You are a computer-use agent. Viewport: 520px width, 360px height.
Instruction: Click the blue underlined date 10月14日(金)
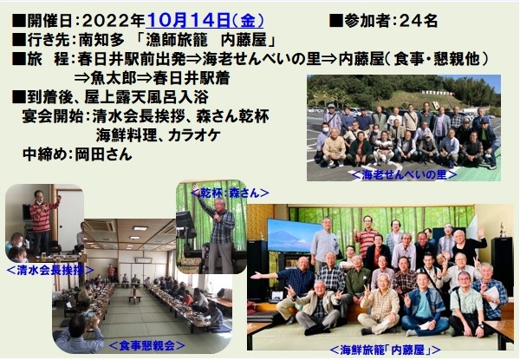pos(205,21)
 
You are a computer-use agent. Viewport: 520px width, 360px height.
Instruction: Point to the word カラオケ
pos(194,135)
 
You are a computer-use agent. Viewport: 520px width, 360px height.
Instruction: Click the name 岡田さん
pos(103,154)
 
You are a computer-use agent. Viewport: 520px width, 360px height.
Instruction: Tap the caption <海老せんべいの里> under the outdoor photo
pos(404,174)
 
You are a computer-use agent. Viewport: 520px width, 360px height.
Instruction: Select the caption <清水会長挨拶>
pos(49,271)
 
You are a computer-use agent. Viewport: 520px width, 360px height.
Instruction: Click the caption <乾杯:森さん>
pos(230,193)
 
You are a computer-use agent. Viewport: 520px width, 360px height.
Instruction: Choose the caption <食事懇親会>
pos(146,346)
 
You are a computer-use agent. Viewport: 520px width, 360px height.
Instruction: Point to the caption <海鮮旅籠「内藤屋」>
pos(385,350)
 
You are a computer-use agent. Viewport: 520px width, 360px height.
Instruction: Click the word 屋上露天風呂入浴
pos(146,97)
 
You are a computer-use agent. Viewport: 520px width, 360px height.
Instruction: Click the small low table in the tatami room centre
pos(135,298)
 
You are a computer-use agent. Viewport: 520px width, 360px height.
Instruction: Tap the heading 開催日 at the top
pos(49,21)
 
